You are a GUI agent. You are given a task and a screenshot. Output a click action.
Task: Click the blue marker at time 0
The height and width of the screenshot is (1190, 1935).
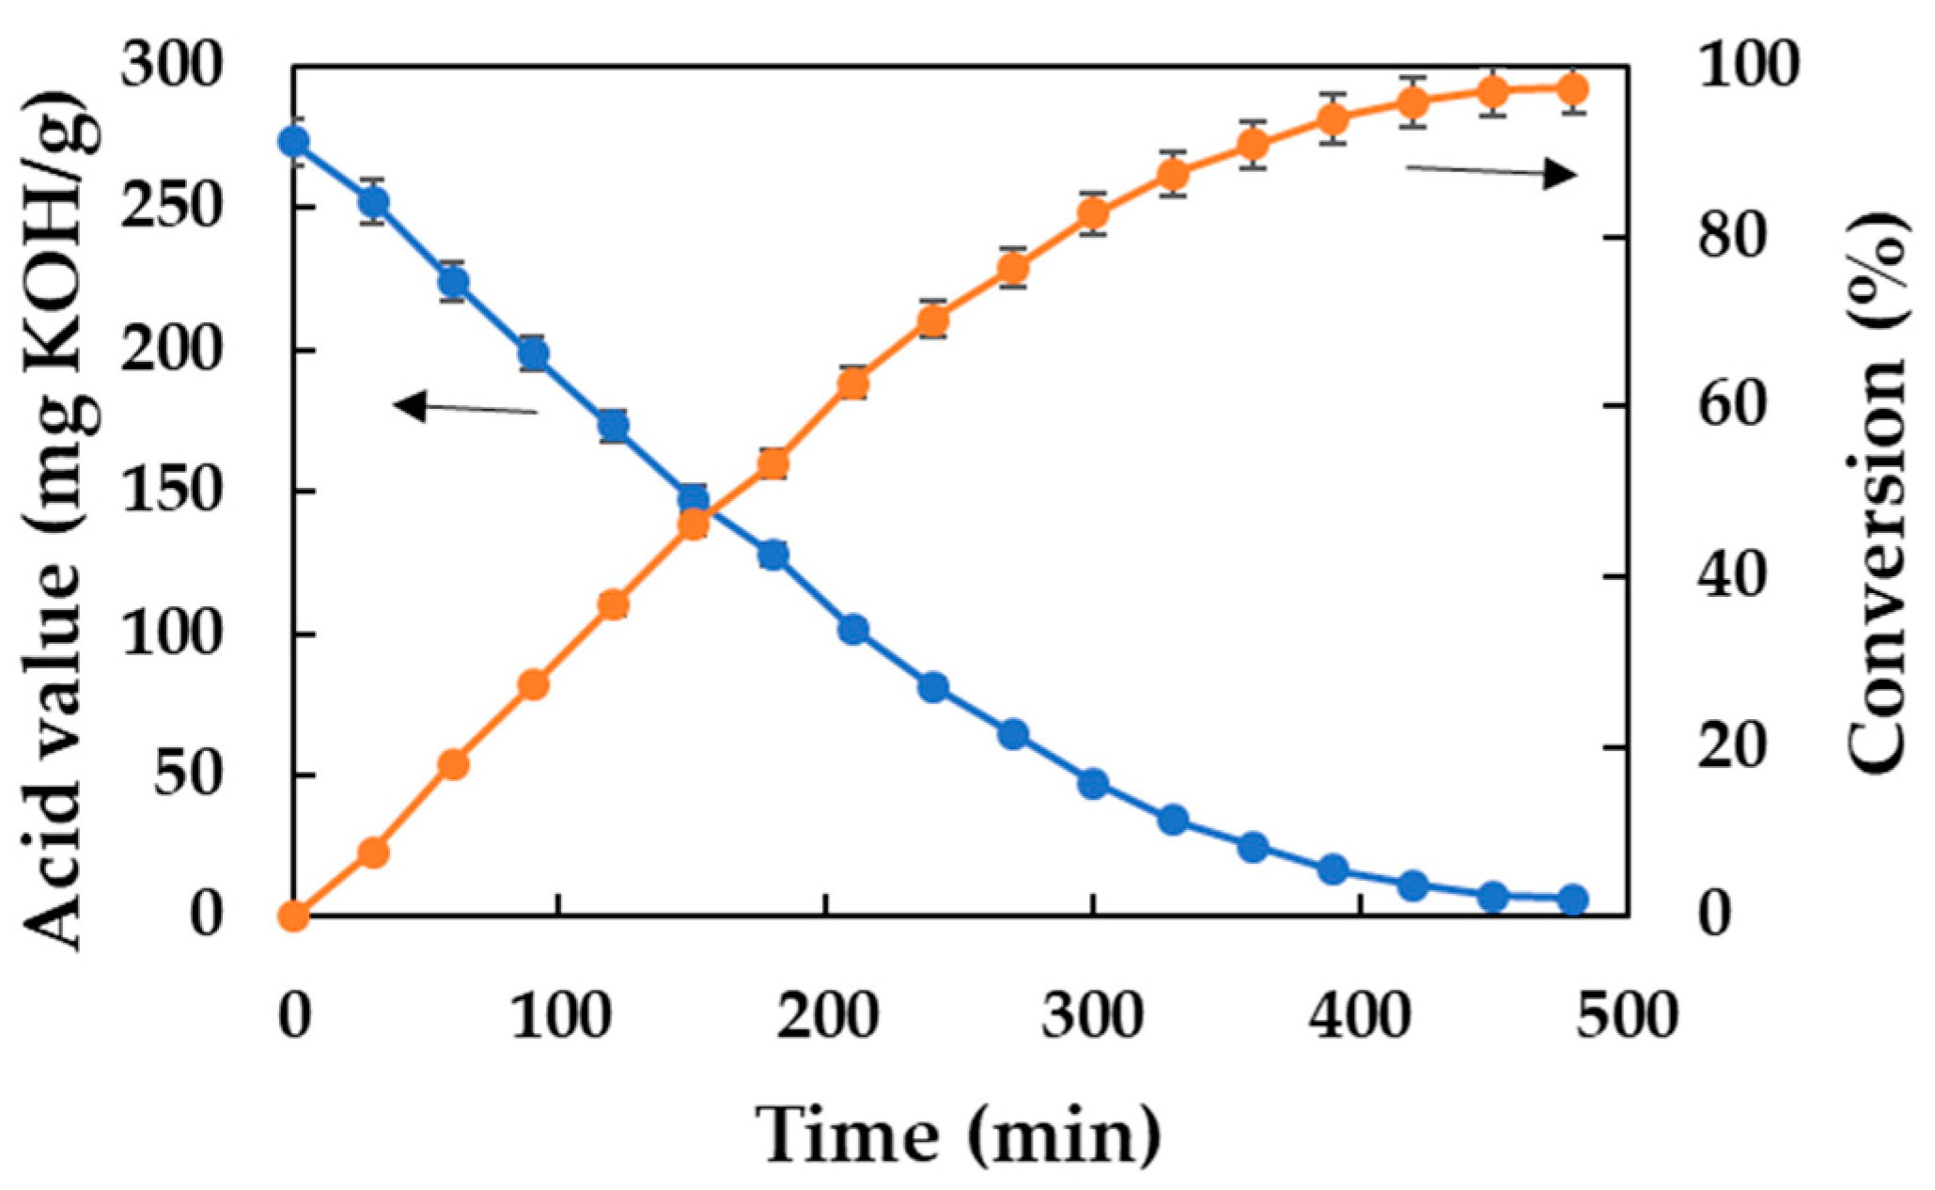click(x=294, y=142)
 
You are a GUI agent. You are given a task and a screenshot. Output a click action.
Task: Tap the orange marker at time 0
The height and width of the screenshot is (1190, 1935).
click(x=294, y=915)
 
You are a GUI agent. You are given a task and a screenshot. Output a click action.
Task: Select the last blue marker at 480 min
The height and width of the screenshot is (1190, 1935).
click(x=1573, y=900)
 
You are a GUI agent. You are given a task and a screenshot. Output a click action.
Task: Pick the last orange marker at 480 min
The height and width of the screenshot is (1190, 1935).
click(x=1573, y=90)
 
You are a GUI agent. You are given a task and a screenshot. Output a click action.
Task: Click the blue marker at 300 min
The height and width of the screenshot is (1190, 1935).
click(x=1093, y=783)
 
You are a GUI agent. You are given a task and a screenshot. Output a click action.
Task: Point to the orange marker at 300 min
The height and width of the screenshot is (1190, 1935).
click(x=1093, y=214)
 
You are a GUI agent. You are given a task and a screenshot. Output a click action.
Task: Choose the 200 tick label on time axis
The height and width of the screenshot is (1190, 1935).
click(x=827, y=1016)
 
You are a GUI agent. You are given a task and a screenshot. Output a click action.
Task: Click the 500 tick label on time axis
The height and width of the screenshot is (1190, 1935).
click(x=1626, y=1016)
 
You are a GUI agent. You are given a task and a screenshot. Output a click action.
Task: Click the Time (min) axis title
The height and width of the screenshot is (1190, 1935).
click(x=959, y=1135)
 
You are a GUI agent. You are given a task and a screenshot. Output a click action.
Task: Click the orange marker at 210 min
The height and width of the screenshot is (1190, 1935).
click(x=853, y=384)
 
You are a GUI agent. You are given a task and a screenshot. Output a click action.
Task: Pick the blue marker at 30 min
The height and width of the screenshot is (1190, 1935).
click(x=374, y=201)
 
